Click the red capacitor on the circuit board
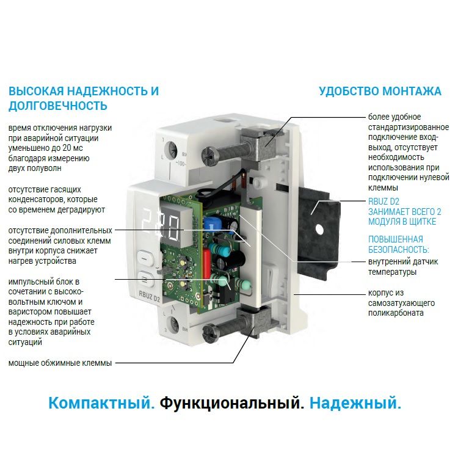tap(206, 263)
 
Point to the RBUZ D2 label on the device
tap(149, 296)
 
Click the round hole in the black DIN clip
tap(320, 230)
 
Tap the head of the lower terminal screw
tap(209, 333)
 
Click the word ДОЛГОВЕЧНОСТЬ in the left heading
tap(58, 106)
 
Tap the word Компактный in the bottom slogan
tap(101, 403)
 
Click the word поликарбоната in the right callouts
tap(396, 313)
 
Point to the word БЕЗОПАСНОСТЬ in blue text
tap(398, 250)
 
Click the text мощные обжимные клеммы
tap(60, 363)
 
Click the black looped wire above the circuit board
tap(222, 187)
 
